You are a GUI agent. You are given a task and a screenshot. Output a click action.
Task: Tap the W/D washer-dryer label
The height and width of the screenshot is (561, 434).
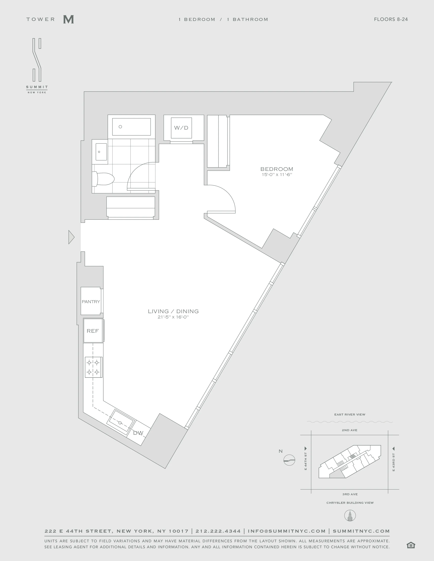pyautogui.click(x=181, y=128)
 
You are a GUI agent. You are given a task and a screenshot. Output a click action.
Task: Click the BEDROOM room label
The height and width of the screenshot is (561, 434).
pyautogui.click(x=277, y=169)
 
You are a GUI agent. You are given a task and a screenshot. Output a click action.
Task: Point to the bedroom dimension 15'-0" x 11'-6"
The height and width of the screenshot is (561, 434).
pyautogui.click(x=277, y=175)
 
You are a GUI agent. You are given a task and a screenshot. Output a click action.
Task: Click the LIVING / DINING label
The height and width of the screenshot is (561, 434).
pyautogui.click(x=173, y=311)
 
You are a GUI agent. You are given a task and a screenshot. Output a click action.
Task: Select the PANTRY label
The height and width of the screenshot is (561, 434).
pyautogui.click(x=91, y=302)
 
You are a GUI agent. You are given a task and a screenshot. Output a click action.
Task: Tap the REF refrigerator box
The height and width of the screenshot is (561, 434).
pyautogui.click(x=93, y=331)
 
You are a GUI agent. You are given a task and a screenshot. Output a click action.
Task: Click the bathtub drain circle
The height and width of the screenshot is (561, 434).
pyautogui.click(x=120, y=127)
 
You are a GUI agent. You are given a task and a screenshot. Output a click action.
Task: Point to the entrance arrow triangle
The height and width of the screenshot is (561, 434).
pyautogui.click(x=71, y=237)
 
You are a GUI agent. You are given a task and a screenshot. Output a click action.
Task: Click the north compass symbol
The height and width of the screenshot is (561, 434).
pyautogui.click(x=289, y=460)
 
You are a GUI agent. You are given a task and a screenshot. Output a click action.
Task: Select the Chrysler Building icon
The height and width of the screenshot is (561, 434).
pyautogui.click(x=350, y=516)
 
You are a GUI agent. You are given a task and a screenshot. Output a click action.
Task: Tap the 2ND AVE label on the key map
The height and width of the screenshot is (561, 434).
pyautogui.click(x=349, y=430)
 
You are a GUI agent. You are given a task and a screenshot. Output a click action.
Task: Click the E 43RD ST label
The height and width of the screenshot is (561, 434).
pyautogui.click(x=393, y=462)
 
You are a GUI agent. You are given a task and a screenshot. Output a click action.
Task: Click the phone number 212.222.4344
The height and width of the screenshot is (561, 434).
pyautogui.click(x=218, y=531)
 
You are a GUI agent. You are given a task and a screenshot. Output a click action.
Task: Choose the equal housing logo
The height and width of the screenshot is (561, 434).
pyautogui.click(x=411, y=545)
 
